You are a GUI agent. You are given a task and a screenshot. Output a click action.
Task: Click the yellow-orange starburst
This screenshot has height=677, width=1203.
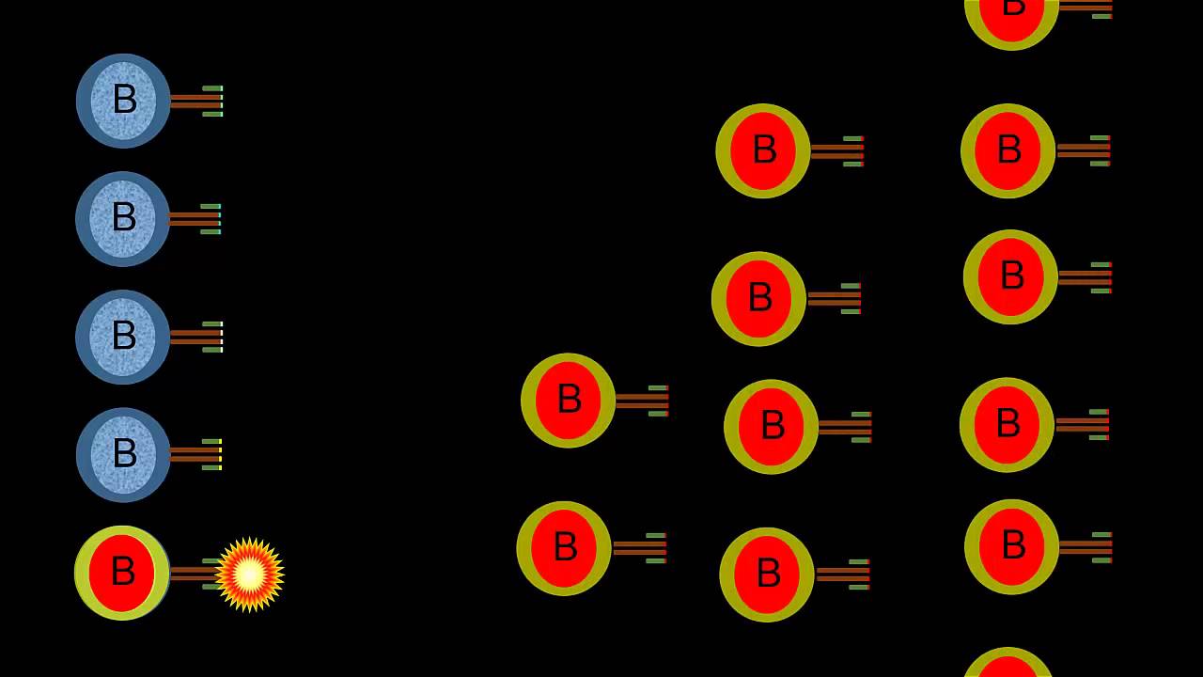click(249, 575)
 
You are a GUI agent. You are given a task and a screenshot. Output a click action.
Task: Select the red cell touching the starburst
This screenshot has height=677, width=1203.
click(122, 573)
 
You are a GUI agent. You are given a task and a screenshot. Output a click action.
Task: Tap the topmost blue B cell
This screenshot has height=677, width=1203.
click(123, 101)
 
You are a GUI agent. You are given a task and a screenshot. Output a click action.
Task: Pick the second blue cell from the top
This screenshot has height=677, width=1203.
click(122, 219)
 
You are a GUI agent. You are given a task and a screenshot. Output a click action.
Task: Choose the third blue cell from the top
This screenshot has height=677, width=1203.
click(122, 337)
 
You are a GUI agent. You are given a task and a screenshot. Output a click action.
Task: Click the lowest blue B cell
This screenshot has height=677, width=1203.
click(123, 455)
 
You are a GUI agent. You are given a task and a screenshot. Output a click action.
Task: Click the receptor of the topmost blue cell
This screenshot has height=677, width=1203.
click(197, 101)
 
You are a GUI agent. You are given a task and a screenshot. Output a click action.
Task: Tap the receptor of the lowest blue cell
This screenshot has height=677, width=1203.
click(196, 454)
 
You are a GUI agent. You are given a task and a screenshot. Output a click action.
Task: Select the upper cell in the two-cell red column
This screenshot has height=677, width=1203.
click(568, 401)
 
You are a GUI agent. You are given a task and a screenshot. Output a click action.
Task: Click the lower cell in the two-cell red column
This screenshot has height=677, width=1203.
click(564, 548)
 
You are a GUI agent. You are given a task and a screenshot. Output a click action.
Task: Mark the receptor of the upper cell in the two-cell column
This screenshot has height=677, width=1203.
click(643, 401)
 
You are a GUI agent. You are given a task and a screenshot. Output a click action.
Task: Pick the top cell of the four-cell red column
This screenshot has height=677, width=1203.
click(763, 150)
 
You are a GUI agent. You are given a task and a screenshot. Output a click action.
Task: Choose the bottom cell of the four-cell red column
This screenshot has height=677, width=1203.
click(767, 575)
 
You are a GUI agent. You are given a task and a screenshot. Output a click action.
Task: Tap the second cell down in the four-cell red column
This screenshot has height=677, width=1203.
click(758, 299)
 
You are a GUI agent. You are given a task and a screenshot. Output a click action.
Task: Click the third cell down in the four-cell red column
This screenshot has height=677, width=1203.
click(771, 427)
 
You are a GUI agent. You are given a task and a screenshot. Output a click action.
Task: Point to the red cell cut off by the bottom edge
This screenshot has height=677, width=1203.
click(1008, 665)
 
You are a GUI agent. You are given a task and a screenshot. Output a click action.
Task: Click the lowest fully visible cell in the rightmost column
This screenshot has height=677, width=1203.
click(1011, 546)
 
